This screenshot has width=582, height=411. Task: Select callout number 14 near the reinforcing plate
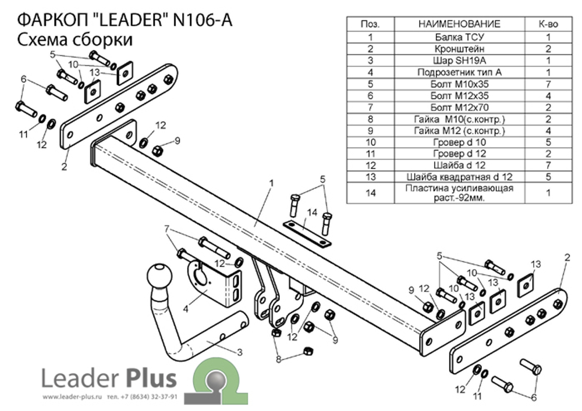(313, 213)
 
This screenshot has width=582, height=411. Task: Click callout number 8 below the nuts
(278, 360)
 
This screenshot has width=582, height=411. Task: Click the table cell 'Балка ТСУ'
(459, 37)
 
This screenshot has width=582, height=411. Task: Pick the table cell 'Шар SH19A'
(459, 60)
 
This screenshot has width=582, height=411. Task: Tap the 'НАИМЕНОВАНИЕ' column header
(459, 24)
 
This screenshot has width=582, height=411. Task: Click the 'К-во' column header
(548, 24)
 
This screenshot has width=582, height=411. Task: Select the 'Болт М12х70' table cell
(459, 108)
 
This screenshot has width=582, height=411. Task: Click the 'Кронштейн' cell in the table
(459, 49)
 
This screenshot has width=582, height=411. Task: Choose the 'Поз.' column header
(370, 24)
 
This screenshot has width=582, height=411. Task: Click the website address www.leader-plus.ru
(72, 398)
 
